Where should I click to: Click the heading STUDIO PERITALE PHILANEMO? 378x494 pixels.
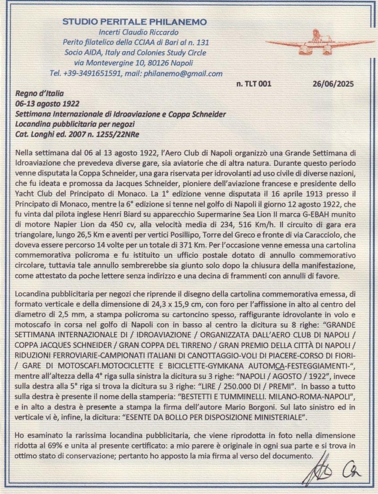tap(134, 21)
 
